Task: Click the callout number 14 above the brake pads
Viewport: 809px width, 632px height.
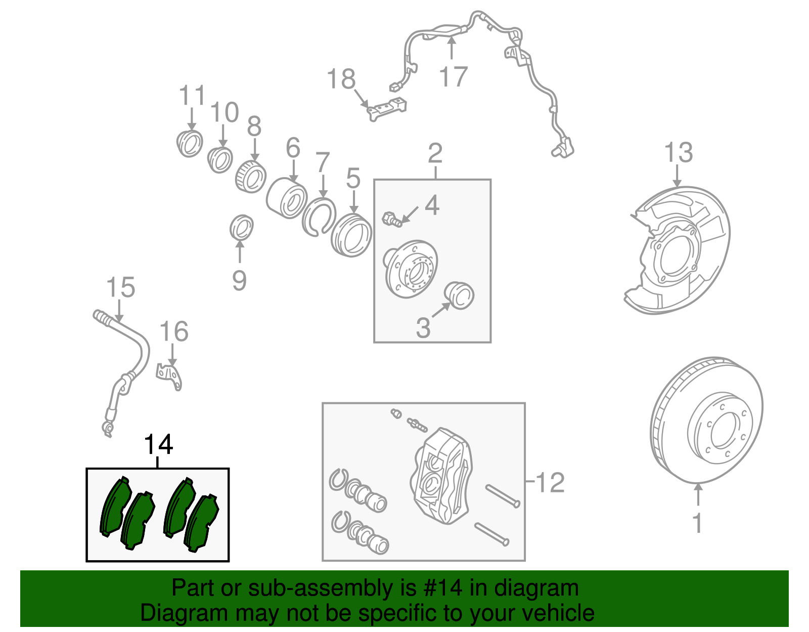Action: pyautogui.click(x=158, y=445)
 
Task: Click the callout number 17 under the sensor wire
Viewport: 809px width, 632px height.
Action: pyautogui.click(x=453, y=76)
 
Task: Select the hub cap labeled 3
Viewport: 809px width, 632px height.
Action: pyautogui.click(x=459, y=296)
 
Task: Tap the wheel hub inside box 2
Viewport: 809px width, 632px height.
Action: pyautogui.click(x=411, y=269)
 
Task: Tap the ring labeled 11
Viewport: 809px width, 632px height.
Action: pyautogui.click(x=190, y=143)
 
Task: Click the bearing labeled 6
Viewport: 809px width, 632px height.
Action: pyautogui.click(x=287, y=197)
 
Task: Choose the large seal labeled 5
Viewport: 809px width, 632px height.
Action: pyautogui.click(x=352, y=235)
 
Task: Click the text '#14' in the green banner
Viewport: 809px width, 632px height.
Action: pyautogui.click(x=441, y=588)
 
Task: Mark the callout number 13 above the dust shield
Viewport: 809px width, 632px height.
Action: pyautogui.click(x=678, y=152)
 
